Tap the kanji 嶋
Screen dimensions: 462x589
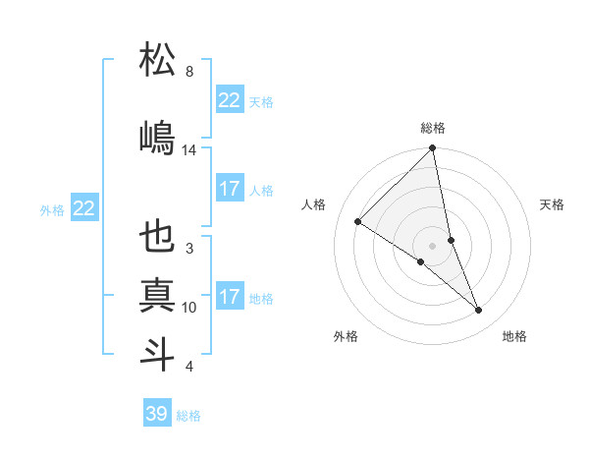pos(158,137)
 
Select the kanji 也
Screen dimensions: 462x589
pos(158,237)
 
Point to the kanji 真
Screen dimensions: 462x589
pos(158,295)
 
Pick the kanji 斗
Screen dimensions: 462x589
pos(158,353)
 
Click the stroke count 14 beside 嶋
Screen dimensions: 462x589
pos(189,149)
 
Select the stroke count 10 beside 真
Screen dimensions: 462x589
pos(189,308)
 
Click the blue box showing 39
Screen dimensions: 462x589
pos(157,414)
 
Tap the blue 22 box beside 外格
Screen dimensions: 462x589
pos(84,208)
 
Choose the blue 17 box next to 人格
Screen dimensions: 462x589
pos(230,189)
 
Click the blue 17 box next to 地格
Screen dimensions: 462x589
pos(230,297)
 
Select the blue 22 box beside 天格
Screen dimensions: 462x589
pos(230,100)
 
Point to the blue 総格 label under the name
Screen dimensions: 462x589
pos(188,416)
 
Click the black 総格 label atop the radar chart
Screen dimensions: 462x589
pos(433,128)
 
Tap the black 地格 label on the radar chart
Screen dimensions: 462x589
pos(514,336)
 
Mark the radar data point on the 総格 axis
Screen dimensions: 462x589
pos(433,149)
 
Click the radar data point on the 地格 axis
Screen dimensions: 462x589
pos(479,311)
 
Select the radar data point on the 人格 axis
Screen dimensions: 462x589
pos(358,222)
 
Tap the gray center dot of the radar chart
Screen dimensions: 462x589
pos(433,245)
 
